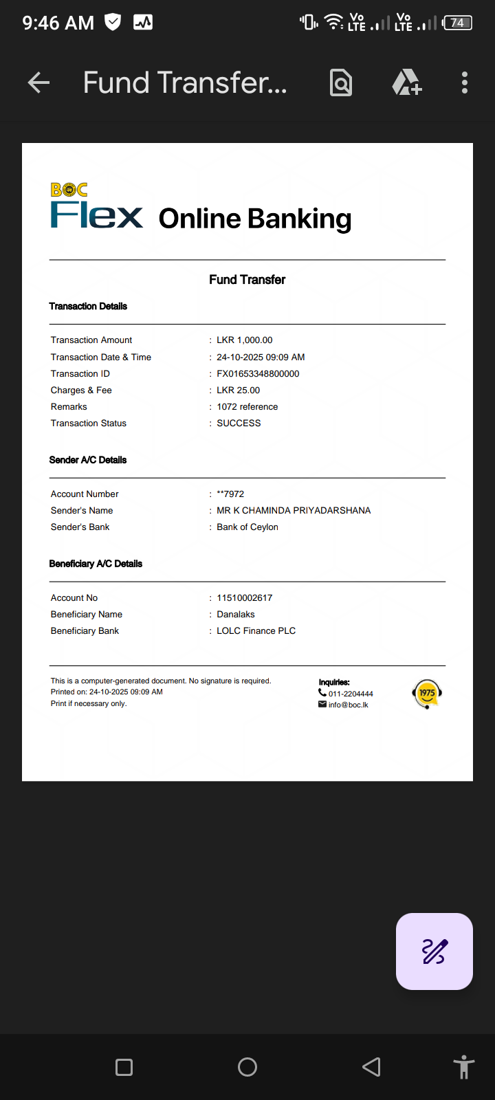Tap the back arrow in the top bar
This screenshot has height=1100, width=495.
tap(38, 83)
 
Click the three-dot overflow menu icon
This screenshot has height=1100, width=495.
tap(465, 83)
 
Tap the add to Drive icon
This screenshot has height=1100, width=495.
tap(406, 83)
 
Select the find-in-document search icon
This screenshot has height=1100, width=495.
tap(341, 83)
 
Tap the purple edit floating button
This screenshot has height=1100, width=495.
tap(434, 951)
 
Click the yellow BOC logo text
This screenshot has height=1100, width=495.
tap(69, 190)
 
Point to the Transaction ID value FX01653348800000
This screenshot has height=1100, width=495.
tap(258, 374)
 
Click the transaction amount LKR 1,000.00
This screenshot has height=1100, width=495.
tap(245, 340)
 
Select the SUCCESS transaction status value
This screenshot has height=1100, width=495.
tap(239, 423)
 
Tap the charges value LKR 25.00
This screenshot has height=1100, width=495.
tap(238, 390)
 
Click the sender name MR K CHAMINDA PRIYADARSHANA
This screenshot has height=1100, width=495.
tap(294, 511)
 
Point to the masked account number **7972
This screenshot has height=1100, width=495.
tap(230, 494)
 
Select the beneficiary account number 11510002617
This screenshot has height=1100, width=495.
tap(245, 598)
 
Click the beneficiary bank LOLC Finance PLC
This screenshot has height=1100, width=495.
tap(256, 631)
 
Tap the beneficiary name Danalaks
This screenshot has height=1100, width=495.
tap(236, 615)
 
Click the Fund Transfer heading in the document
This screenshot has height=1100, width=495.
tap(247, 280)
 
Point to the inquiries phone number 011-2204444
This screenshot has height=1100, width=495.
tap(351, 694)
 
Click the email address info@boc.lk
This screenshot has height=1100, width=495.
tap(348, 705)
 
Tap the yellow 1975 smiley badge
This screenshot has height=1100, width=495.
tap(427, 694)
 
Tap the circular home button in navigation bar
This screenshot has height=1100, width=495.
tap(247, 1067)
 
